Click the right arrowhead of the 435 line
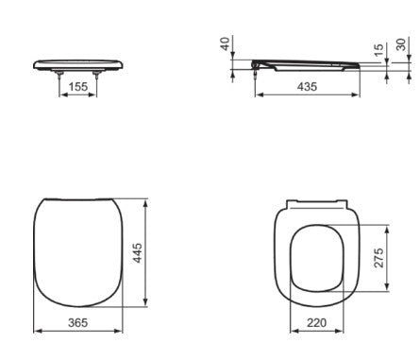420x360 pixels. pos(358,94)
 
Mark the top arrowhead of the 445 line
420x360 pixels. pos(147,201)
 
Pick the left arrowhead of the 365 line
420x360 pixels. pos(37,331)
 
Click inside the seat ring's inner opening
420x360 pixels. pos(316,256)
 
